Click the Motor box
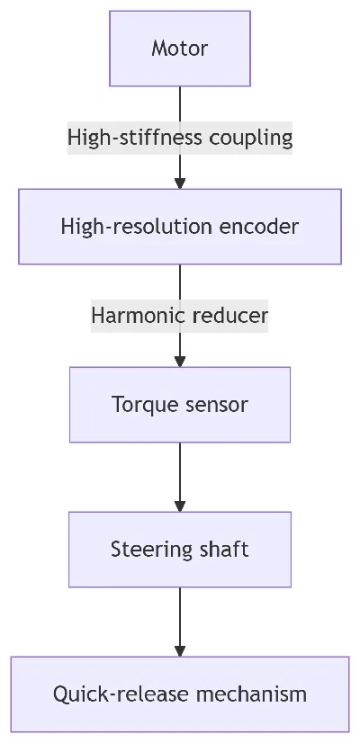point(180,49)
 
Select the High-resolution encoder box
point(180,227)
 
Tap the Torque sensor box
point(180,405)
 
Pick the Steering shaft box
point(180,549)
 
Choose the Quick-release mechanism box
point(180,694)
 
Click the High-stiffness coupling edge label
point(180,138)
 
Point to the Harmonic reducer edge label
point(180,316)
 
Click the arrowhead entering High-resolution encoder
point(180,184)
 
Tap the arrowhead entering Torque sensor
point(180,362)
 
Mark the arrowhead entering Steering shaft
point(180,506)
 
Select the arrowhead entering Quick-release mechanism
point(180,651)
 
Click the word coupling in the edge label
point(251,138)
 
